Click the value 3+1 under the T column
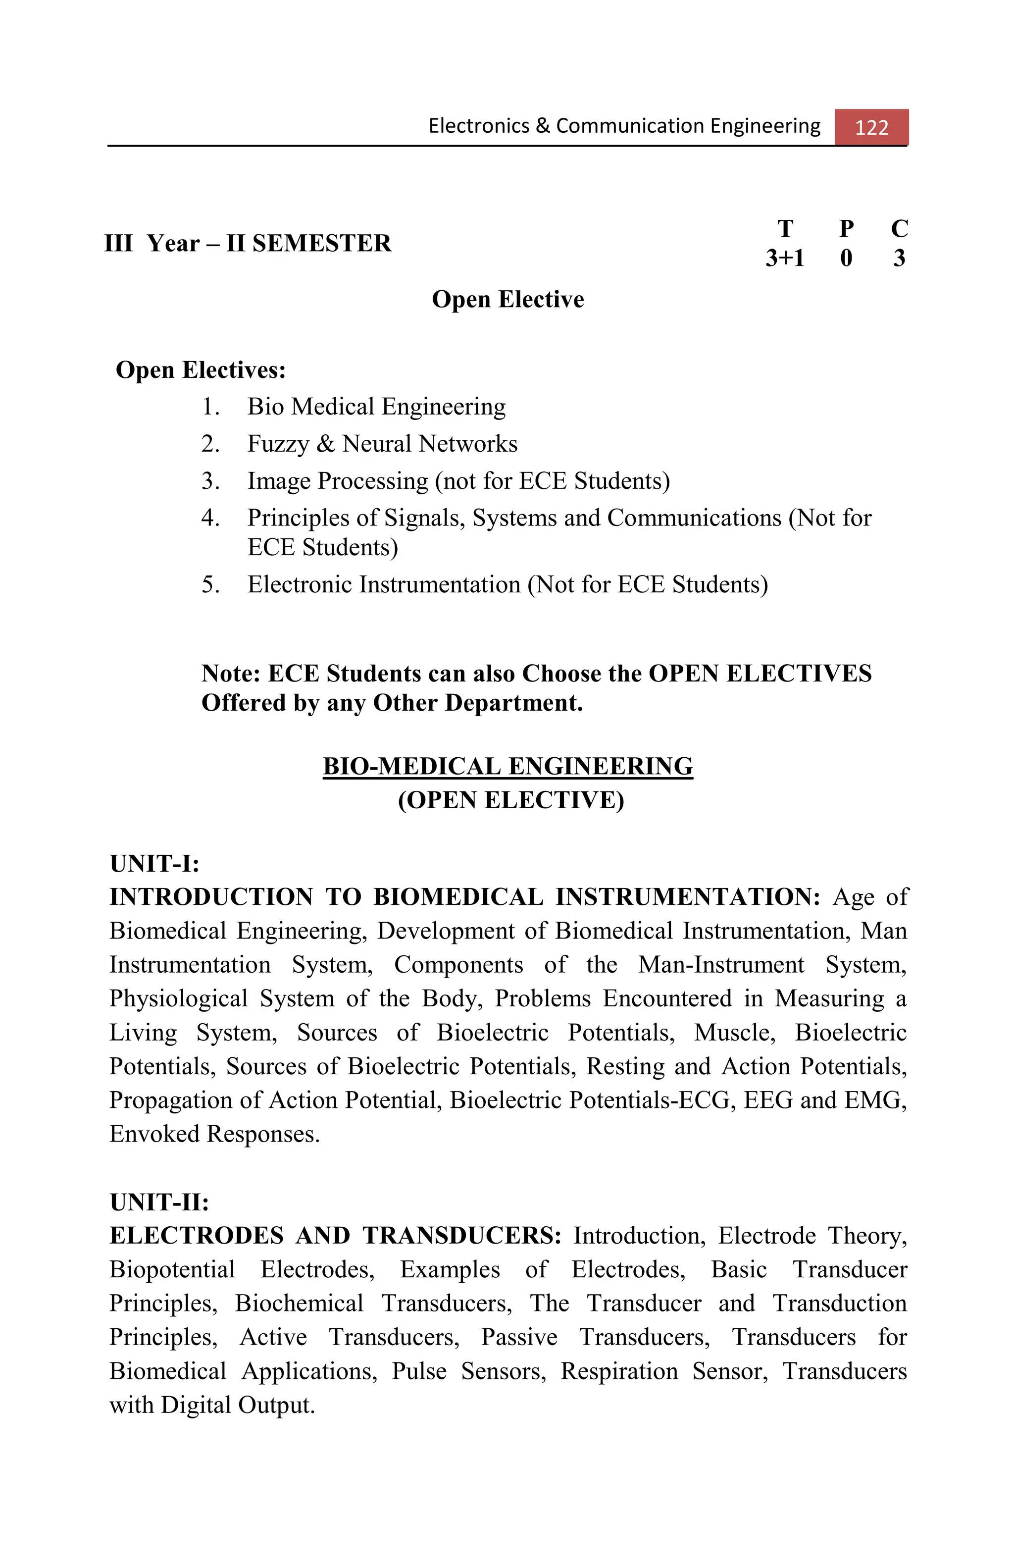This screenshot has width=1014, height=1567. click(x=784, y=258)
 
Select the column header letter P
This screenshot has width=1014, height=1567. click(x=846, y=228)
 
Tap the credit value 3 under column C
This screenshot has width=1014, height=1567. click(x=899, y=258)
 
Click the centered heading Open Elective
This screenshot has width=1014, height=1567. click(x=507, y=300)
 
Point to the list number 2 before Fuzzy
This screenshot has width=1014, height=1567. click(x=210, y=444)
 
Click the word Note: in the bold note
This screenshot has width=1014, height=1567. click(x=232, y=674)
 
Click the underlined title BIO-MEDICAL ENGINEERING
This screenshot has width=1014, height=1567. click(x=507, y=766)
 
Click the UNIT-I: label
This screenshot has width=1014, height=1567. click(x=154, y=864)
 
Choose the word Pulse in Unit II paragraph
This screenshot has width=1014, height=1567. click(x=418, y=1371)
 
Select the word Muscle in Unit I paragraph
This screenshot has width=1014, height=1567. click(x=734, y=1033)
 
